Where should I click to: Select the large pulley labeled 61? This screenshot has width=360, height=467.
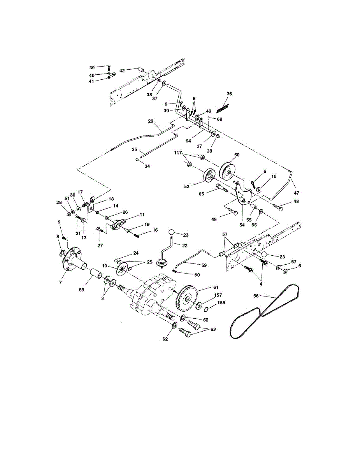187,298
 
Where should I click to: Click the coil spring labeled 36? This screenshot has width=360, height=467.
223,108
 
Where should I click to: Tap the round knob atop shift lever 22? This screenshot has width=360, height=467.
171,233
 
